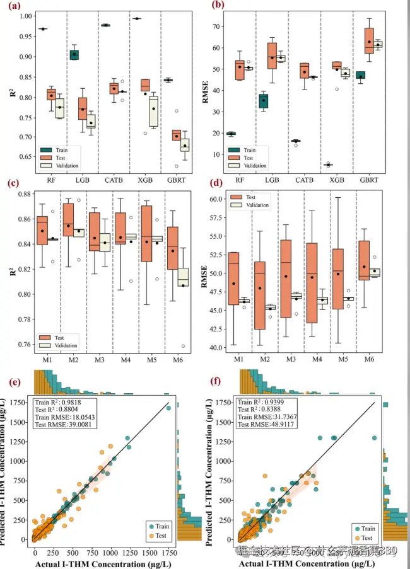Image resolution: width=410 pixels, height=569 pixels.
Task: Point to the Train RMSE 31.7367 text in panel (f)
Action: [276, 417]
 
